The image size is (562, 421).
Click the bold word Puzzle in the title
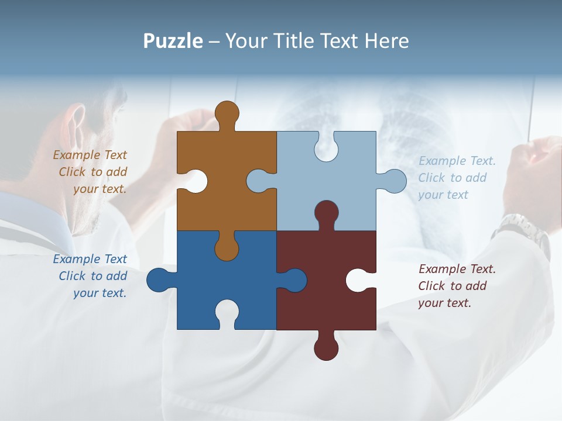tap(173, 41)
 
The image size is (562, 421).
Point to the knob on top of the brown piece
tap(227, 112)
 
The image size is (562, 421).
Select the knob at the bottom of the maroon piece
tap(326, 348)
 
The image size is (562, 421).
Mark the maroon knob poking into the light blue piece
tap(326, 213)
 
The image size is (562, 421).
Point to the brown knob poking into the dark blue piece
tap(227, 249)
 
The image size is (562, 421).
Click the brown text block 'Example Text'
tap(90, 155)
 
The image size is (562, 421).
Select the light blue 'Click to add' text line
tap(453, 178)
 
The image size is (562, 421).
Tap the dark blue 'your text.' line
tap(100, 293)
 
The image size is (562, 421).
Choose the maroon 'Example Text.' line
tap(457, 269)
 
